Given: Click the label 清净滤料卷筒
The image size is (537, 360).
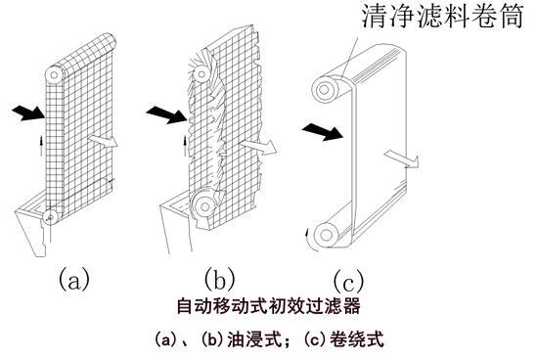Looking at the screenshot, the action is click(443, 16).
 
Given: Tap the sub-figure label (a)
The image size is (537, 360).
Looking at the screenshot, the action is click(74, 279).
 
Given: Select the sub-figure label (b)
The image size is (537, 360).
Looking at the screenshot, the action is click(219, 279).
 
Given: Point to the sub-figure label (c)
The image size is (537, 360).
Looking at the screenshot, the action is click(348, 281).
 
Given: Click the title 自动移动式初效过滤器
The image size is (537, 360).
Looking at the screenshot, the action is click(268, 306).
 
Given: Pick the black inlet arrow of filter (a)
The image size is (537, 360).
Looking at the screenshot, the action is click(28, 112).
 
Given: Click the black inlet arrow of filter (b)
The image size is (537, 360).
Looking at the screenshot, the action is click(166, 114).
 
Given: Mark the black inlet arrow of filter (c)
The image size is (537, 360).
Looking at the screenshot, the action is click(323, 132).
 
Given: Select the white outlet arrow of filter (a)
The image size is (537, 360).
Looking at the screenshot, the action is click(103, 141).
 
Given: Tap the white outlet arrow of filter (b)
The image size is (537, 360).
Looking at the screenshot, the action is click(258, 147).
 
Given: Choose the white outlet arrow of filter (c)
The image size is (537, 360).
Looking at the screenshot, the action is click(402, 158).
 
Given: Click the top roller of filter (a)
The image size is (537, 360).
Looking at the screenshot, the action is click(55, 74).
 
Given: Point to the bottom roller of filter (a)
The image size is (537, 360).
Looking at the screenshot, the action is click(50, 217).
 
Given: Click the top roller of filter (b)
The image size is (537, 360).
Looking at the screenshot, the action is click(201, 74).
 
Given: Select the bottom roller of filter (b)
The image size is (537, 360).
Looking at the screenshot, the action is click(204, 206).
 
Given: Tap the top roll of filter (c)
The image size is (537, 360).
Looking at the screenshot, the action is click(324, 90).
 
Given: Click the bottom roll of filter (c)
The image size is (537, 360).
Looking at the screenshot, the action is click(326, 235).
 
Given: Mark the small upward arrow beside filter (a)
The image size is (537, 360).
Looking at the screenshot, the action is click(41, 145).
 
